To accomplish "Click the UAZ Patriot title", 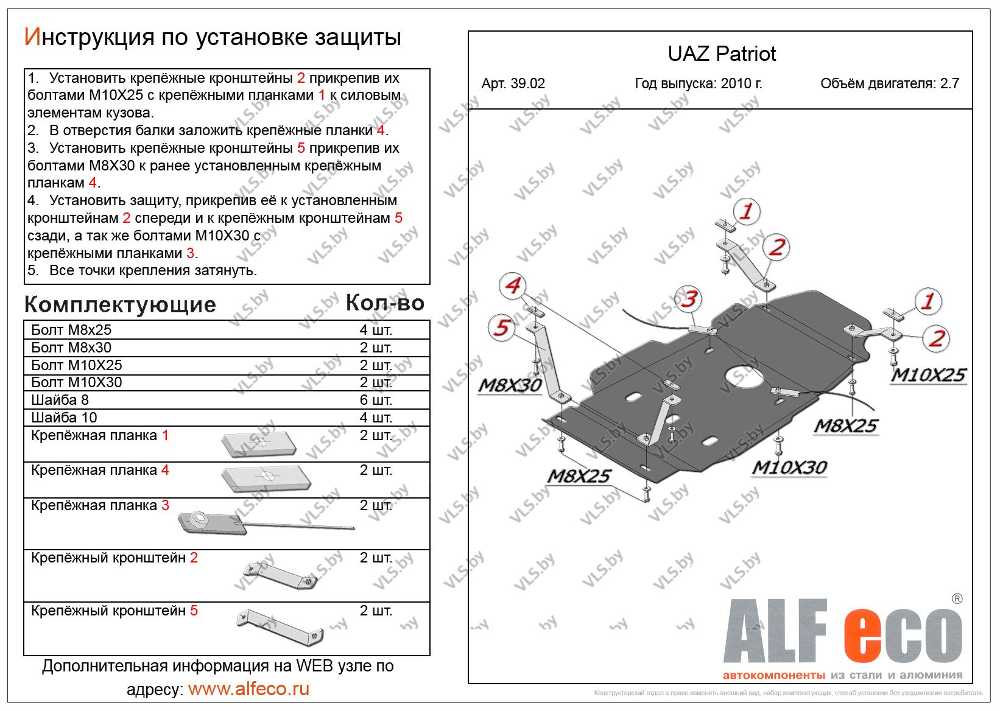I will [x=722, y=54].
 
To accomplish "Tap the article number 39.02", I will [x=513, y=84].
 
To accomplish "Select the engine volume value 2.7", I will [x=949, y=84].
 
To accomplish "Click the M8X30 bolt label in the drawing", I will [x=510, y=385].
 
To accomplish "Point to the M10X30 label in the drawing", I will [x=789, y=468].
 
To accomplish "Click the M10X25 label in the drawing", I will [x=928, y=375].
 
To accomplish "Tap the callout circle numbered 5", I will [x=501, y=329].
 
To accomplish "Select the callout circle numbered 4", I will [x=513, y=285].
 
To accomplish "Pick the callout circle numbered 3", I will [x=689, y=299].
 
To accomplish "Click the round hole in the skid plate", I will [x=744, y=374].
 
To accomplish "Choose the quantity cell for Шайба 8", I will [x=376, y=400].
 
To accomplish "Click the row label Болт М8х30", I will [x=71, y=348].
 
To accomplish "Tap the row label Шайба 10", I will [x=64, y=418].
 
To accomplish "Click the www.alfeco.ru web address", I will [x=248, y=689].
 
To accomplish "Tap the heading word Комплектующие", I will [x=120, y=304].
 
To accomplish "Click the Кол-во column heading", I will [x=384, y=303].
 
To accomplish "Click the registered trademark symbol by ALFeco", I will [x=957, y=598].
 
